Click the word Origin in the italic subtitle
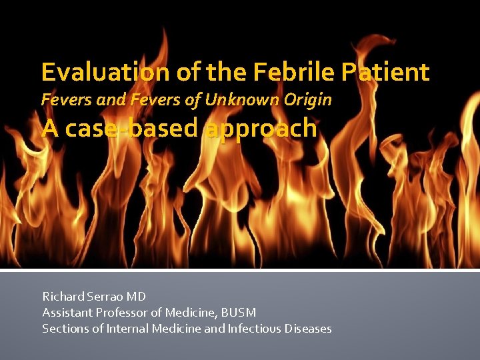point(307,100)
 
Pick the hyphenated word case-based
point(133,128)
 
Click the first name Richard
point(63,296)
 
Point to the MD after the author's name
point(137,296)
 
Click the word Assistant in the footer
point(65,312)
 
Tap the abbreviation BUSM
point(238,312)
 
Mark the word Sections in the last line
point(63,328)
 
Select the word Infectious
point(255,328)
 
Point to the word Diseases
point(308,328)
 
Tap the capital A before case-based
point(49,128)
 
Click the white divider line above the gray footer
point(240,270)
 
